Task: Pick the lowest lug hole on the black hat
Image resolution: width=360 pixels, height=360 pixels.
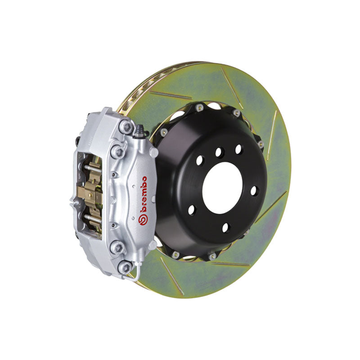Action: click(x=225, y=227)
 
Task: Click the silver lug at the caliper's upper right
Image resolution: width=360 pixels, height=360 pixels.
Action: click(x=153, y=153)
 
